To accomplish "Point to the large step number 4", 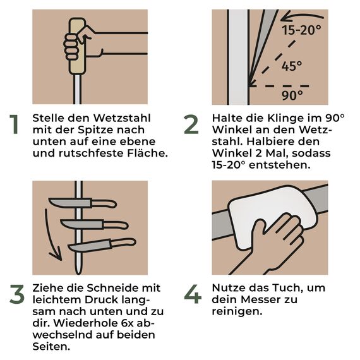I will point(192,295).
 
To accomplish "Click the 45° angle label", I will point(292,66).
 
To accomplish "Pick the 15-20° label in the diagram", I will point(301,30).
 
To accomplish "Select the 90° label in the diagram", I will point(292,95).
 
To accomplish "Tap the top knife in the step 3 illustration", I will point(83,203).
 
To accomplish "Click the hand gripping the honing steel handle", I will point(76,45).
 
